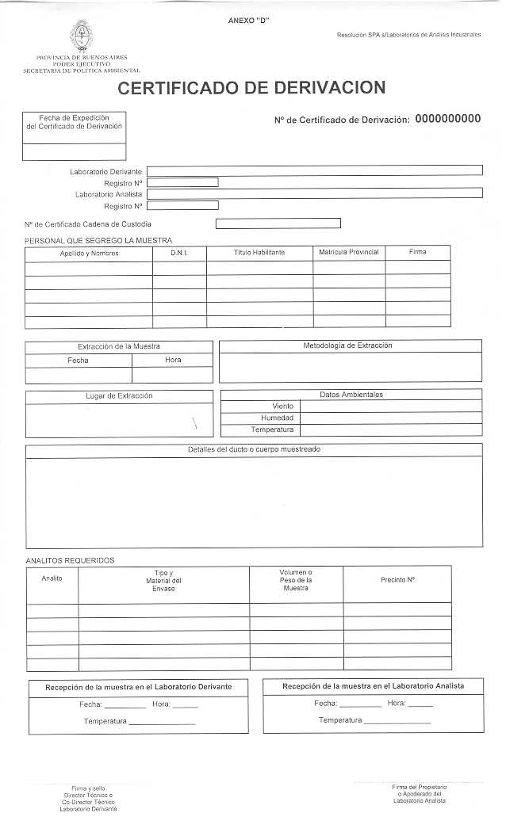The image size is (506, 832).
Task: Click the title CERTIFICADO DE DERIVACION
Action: point(252,88)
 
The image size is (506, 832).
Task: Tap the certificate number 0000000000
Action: point(447,119)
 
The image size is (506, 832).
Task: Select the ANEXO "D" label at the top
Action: point(248,20)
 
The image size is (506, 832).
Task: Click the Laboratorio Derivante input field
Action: point(314,170)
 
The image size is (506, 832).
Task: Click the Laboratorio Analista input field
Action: point(314,193)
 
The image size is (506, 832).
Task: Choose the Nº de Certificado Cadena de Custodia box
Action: point(278,223)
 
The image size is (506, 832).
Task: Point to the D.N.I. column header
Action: point(178,253)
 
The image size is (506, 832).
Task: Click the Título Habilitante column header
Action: point(259,253)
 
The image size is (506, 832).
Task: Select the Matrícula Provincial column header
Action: point(349,253)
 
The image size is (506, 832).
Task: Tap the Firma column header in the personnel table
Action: point(418,252)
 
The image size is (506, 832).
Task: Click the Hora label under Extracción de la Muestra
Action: point(173,361)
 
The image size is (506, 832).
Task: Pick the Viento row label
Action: point(282,406)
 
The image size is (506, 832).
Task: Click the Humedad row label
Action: point(277,418)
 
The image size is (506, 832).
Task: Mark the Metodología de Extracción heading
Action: point(347,345)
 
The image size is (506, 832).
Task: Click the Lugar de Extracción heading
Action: point(119,395)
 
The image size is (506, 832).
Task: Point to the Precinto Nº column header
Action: point(397,580)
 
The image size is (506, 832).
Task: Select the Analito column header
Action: point(52,578)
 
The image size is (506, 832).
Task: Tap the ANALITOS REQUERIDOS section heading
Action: point(70,561)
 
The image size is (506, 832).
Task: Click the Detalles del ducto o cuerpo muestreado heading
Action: point(254,449)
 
